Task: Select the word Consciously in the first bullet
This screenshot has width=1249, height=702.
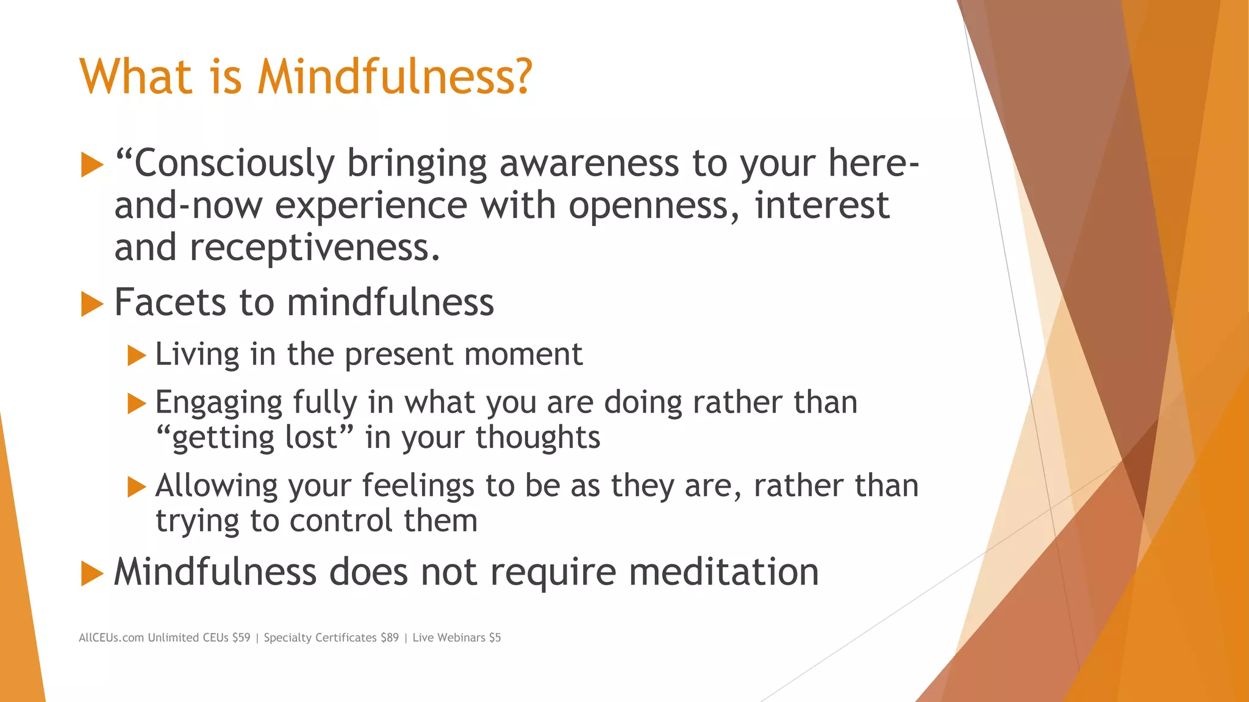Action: (x=234, y=164)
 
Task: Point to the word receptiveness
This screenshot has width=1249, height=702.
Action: (x=314, y=247)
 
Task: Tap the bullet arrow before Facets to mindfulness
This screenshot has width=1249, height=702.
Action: (x=92, y=303)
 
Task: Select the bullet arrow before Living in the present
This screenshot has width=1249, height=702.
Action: (x=137, y=355)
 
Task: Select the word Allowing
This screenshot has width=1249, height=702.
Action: (x=217, y=486)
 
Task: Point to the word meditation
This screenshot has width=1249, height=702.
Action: (x=723, y=572)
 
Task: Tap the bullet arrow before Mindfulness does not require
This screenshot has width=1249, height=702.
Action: (x=92, y=573)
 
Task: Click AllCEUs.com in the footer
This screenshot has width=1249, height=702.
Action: (x=111, y=637)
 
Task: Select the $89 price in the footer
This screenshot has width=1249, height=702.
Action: (x=389, y=637)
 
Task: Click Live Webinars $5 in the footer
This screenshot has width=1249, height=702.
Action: (x=456, y=637)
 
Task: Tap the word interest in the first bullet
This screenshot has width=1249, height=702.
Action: (x=821, y=205)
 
